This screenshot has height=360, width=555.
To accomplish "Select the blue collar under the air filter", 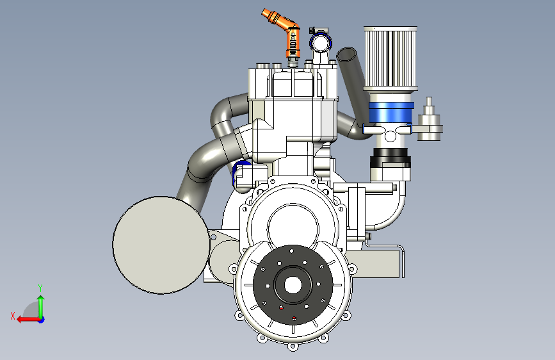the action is (391, 113).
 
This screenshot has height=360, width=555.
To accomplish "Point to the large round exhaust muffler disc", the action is (161, 245).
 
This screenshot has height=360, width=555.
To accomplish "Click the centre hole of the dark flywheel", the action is (293, 285).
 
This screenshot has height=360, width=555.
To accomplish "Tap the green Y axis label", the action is (40, 288).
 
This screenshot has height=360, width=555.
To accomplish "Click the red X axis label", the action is (13, 316).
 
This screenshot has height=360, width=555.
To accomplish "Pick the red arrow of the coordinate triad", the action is (28, 320).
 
